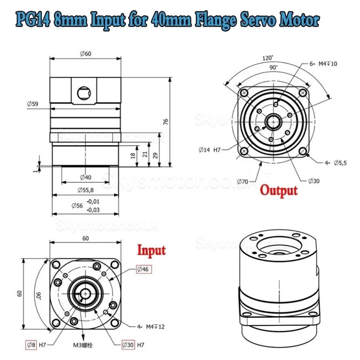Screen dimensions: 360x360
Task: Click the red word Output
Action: pos(279,190)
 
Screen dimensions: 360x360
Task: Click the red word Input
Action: pos(151,250)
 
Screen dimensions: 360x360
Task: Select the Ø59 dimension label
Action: pos(33,104)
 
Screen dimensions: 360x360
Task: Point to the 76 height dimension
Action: pos(166,122)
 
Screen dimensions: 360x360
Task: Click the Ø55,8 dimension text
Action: pos(85,190)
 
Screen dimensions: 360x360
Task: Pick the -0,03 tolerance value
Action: pos(93,209)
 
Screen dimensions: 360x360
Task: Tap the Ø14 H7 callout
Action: pos(210,150)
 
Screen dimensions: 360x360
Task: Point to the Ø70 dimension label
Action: pos(243,181)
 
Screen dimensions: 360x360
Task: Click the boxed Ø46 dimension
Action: pos(144,269)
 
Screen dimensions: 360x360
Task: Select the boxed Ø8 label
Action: pos(31,344)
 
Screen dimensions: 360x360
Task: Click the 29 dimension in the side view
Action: pos(155,155)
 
